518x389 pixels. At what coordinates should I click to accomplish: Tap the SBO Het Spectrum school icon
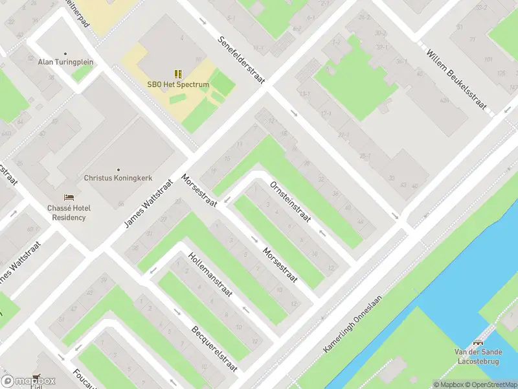pyautogui.click(x=177, y=75)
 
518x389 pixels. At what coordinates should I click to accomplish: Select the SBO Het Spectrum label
pyautogui.click(x=177, y=85)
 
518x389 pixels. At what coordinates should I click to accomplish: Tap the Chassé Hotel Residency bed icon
pyautogui.click(x=68, y=197)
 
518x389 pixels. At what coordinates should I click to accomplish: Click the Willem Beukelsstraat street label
pyautogui.click(x=456, y=77)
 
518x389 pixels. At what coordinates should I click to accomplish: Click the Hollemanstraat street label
pyautogui.click(x=210, y=277)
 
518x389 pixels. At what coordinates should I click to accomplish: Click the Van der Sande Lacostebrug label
pyautogui.click(x=478, y=357)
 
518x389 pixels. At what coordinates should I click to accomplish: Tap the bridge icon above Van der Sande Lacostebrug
pyautogui.click(x=479, y=343)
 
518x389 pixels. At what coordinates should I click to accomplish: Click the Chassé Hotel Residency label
pyautogui.click(x=68, y=213)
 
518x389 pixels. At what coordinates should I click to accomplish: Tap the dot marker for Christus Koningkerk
pyautogui.click(x=118, y=169)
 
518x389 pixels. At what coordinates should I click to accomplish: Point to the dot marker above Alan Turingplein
pyautogui.click(x=65, y=53)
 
